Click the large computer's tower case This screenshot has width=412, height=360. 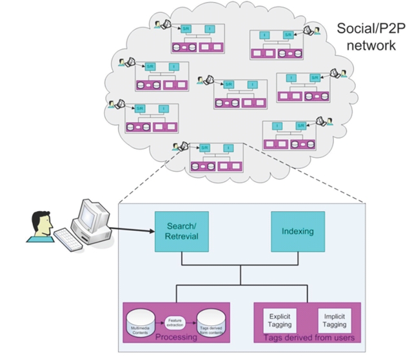point(97,234)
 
